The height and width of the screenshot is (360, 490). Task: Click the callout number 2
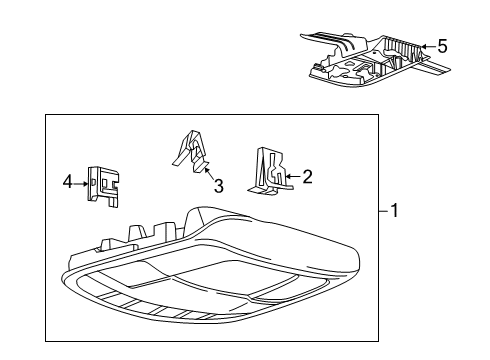pos(307,177)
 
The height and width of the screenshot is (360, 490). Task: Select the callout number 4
pos(68,182)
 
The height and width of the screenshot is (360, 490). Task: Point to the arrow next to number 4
pos(83,182)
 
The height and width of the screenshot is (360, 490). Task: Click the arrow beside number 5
pos(427,46)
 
